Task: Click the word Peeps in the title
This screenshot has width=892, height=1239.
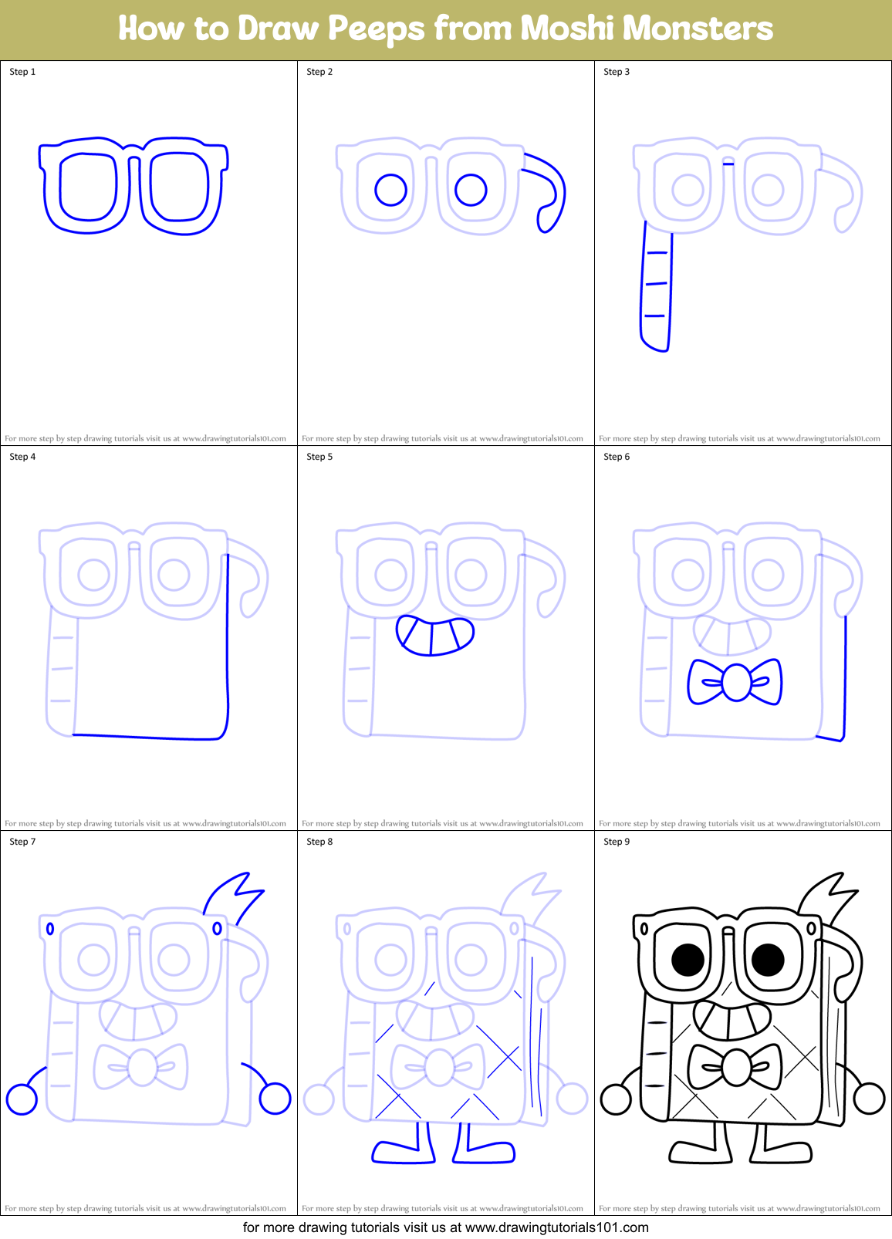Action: pos(376,29)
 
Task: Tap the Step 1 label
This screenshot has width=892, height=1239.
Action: pos(22,72)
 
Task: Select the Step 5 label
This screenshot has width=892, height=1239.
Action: pos(319,457)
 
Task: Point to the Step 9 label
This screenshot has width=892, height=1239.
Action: pos(617,842)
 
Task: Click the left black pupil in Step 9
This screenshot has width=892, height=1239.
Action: pos(688,960)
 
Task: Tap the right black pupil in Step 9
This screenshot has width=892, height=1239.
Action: pos(768,960)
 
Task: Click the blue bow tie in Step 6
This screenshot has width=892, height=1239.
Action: pos(735,682)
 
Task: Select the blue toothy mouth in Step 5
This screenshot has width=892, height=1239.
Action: pos(434,636)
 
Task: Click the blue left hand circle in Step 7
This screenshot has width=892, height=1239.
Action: pos(22,1099)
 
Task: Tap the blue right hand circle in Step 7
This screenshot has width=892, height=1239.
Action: pos(275,1099)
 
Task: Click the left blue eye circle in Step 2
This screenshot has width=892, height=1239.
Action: pos(391,189)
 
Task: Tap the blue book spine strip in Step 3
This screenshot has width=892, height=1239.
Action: pos(656,289)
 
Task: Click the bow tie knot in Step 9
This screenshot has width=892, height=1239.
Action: pos(735,1068)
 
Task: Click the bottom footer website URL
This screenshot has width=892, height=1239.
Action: pos(556,1227)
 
